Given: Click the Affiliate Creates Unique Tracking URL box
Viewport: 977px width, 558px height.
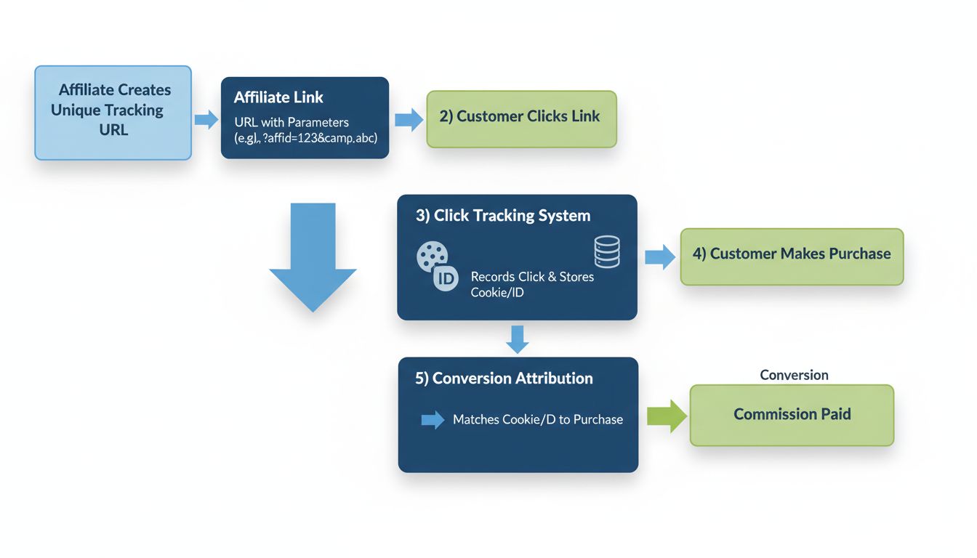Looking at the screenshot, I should point(113,113).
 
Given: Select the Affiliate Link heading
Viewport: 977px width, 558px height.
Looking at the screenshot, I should point(278,97).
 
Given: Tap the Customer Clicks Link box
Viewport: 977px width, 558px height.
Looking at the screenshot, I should point(521,119).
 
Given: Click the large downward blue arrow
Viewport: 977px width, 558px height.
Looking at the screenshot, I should point(313,257).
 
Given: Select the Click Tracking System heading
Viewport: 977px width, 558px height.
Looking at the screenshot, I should point(503,216).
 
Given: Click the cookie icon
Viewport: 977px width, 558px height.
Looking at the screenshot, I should point(432,256).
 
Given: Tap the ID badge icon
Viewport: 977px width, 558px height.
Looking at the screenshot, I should point(446,278).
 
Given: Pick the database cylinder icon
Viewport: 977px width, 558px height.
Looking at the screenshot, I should point(607,251).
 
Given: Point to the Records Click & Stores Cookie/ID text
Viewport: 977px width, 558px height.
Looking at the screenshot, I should point(532,284).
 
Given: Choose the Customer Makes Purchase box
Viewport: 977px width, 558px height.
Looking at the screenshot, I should point(792,256).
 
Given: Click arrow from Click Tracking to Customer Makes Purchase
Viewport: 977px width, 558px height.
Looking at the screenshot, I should point(659,257).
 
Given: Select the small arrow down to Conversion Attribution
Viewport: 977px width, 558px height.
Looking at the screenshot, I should point(517,339).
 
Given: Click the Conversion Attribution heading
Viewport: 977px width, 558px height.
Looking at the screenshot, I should point(504,379).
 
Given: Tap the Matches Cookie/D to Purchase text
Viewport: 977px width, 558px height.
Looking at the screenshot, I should point(537,419).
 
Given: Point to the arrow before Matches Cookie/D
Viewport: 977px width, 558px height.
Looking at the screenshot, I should point(433,419).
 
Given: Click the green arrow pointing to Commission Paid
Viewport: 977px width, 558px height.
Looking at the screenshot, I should point(667,416).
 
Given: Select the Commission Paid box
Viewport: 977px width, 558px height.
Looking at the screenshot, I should point(792,415).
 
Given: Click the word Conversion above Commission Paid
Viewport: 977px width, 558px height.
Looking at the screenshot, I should point(794,375).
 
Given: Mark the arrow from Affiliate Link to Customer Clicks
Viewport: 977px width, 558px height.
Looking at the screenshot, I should point(409,119).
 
